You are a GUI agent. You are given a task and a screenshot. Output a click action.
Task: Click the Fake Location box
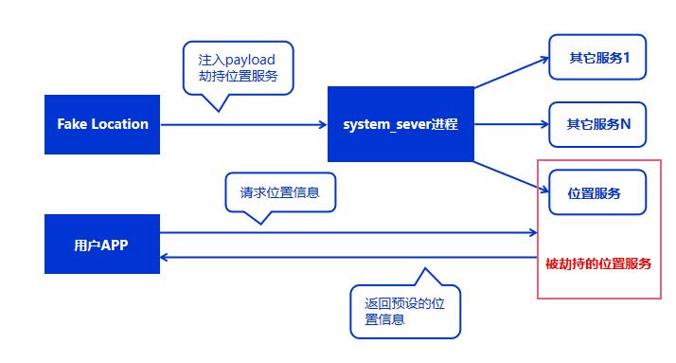pos(102,124)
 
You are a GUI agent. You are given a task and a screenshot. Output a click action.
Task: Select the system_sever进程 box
pos(400,124)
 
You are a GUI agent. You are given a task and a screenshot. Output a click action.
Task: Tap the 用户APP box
pos(102,245)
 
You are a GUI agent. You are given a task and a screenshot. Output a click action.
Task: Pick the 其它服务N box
pos(599,123)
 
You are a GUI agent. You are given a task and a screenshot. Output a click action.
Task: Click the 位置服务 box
pos(595,193)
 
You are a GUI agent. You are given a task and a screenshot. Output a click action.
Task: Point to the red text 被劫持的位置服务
pos(598,263)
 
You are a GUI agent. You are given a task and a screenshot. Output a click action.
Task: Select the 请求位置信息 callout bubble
pos(280,191)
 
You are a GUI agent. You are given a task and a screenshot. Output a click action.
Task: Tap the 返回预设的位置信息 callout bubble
pos(404,311)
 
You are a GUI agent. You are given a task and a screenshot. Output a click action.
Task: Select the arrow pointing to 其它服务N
pos(511,124)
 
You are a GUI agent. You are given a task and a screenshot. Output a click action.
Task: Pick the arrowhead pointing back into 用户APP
pos(166,256)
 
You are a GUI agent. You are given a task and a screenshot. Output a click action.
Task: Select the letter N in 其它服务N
pos(626,123)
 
